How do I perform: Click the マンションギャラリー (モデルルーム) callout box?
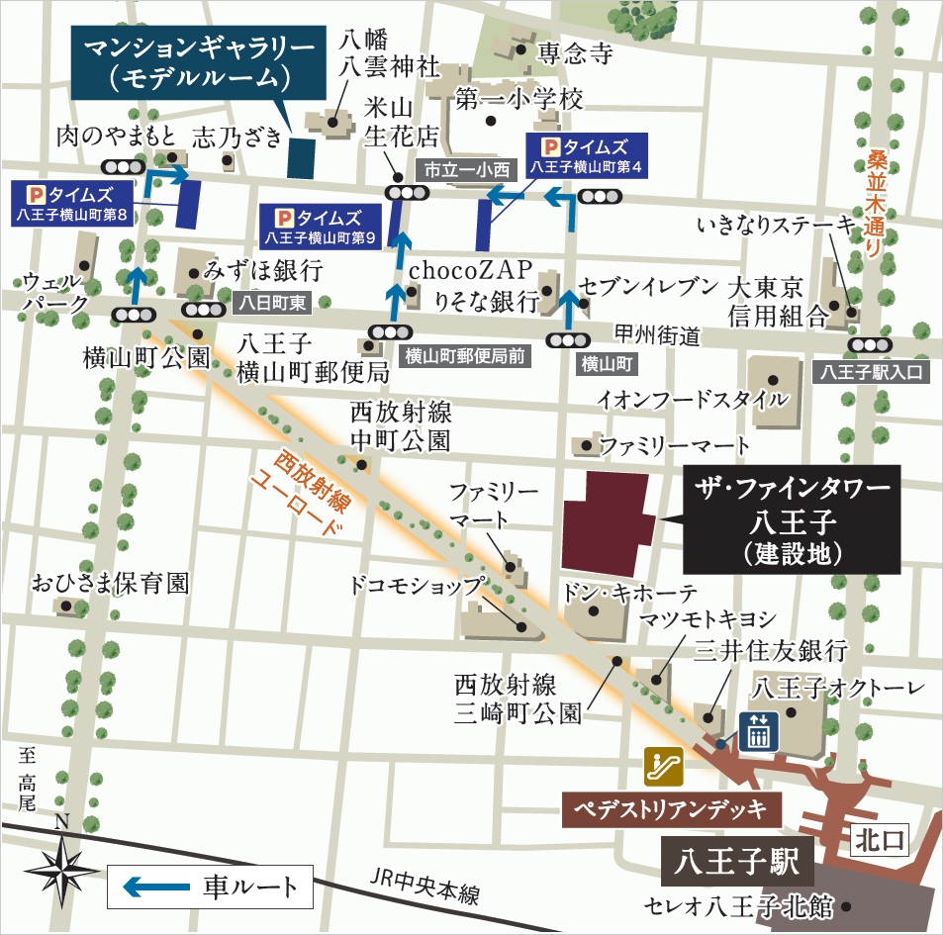(x=198, y=61)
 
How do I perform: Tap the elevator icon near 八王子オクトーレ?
(x=759, y=731)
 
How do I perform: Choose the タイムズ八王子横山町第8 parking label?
(x=76, y=202)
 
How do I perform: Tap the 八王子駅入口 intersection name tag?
(x=870, y=372)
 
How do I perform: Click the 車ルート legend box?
(x=209, y=886)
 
